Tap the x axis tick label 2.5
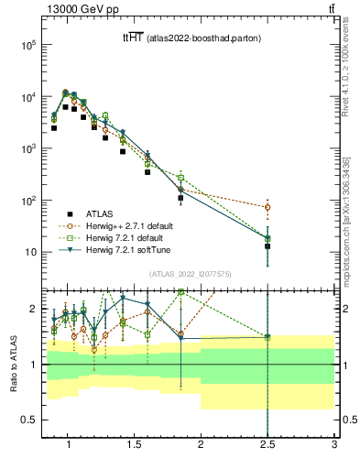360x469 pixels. (267, 446)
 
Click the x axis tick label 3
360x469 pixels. (334, 446)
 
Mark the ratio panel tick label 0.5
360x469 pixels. (28, 420)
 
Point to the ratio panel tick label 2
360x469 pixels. (32, 309)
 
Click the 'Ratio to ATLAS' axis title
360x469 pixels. (12, 365)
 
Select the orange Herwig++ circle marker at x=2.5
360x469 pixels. (267, 207)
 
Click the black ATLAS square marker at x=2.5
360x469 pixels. (267, 246)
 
